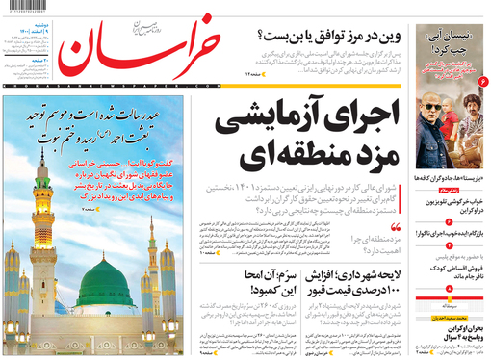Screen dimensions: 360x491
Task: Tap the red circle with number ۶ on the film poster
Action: point(483,88)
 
